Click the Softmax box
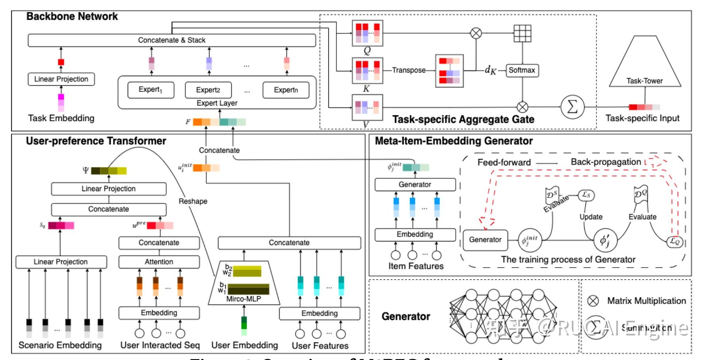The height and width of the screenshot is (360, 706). click(x=522, y=70)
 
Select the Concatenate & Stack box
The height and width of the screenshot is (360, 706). click(x=171, y=40)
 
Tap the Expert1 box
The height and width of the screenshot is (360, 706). click(x=151, y=90)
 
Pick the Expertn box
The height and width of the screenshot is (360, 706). click(x=286, y=90)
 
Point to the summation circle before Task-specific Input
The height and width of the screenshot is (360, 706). click(x=572, y=107)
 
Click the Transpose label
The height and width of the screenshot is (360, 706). click(x=409, y=70)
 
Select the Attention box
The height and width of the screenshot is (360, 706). click(x=159, y=262)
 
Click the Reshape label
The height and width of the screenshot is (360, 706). click(x=193, y=201)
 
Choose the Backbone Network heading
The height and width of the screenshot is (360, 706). click(x=72, y=17)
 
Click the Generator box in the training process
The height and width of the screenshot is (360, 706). click(x=485, y=240)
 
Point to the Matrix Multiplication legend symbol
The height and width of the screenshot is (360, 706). click(x=593, y=301)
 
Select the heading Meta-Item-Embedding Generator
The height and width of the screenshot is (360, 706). click(x=454, y=141)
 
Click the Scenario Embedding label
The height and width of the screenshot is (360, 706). click(x=60, y=345)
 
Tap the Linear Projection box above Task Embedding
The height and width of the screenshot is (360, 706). click(x=61, y=79)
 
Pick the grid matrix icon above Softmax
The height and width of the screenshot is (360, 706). click(x=522, y=33)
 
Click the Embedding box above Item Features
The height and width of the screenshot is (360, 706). click(x=415, y=234)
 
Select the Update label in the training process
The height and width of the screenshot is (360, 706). click(x=591, y=217)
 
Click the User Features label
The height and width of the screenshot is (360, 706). click(x=320, y=346)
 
